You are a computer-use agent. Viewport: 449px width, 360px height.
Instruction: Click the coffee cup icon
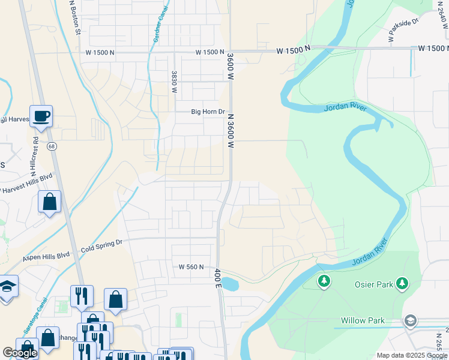[41, 115]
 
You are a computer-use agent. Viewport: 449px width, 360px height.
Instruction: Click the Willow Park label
[363, 321]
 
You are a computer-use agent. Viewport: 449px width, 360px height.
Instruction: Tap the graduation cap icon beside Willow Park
[411, 321]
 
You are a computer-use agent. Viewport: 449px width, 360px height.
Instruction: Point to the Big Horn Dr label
[208, 112]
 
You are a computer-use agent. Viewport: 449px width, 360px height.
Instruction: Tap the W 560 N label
[191, 266]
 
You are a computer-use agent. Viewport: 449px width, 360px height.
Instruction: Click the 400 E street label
[218, 278]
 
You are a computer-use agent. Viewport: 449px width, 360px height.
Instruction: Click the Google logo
[20, 353]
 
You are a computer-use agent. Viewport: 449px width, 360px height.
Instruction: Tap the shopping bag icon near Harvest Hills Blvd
[49, 202]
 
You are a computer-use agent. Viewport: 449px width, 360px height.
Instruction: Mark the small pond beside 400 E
[230, 284]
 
